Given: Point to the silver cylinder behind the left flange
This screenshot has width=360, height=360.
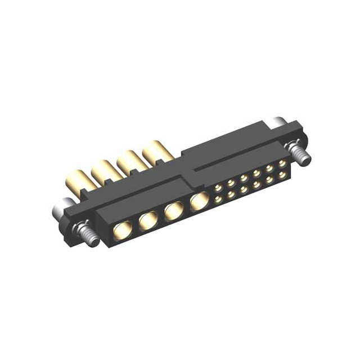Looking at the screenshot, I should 60,211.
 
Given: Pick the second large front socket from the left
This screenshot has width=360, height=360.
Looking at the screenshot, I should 147,221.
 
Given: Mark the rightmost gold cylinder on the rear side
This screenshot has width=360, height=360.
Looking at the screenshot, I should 154,151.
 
